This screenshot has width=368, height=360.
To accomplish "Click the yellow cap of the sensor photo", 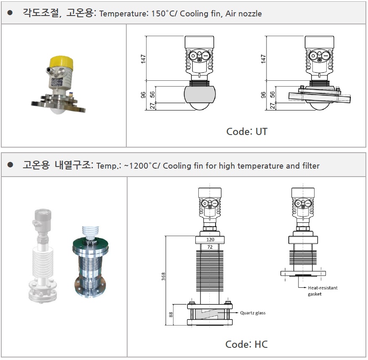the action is point(61,63).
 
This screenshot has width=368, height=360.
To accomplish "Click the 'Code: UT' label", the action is point(247,132).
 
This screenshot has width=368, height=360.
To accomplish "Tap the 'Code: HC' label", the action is point(246,344).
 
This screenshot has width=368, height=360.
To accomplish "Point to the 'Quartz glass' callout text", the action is point(253,313).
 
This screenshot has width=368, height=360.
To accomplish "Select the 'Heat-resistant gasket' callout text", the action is point(323,291).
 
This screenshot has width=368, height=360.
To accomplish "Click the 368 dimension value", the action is point(163,277).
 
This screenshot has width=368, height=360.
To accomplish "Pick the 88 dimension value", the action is point(171,315).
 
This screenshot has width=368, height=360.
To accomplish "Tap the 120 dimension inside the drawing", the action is point(210,240).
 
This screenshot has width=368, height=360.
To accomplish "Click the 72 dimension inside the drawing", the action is point(210,247).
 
